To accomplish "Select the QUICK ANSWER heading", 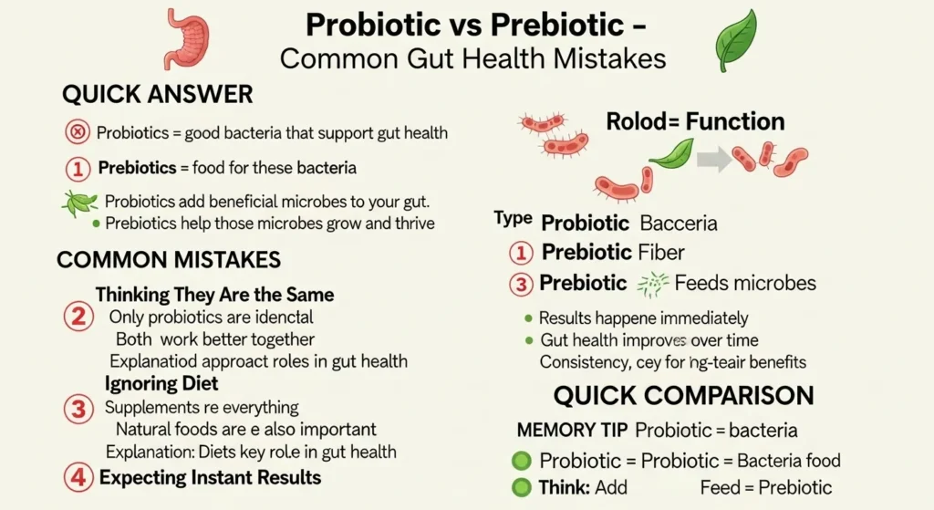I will tap(157, 94).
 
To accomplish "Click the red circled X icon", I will tap(78, 133).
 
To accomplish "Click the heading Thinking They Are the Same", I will tap(214, 295).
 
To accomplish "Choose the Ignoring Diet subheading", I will tap(161, 383).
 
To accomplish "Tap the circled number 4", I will tap(78, 477).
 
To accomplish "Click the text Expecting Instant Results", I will tap(210, 477).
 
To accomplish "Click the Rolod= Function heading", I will tap(695, 121).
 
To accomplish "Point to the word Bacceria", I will tap(679, 223).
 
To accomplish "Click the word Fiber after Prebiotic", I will tap(662, 252).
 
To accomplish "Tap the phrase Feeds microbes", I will tap(745, 284).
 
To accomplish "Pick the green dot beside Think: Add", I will tap(522, 487).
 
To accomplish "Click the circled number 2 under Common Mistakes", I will tap(78, 317).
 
